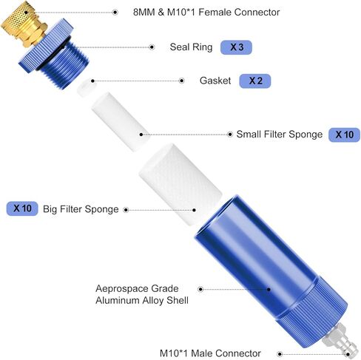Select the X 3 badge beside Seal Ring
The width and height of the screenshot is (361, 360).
pyautogui.click(x=236, y=47)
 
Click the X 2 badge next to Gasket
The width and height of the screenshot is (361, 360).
pyautogui.click(x=255, y=81)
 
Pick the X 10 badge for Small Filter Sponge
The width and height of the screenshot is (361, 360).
pyautogui.click(x=344, y=135)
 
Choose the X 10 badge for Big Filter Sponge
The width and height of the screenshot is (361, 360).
pyautogui.click(x=22, y=208)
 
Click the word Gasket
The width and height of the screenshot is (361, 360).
pyautogui.click(x=215, y=81)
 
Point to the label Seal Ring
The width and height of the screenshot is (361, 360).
pyautogui.click(x=191, y=47)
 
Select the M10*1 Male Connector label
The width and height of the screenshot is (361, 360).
pyautogui.click(x=210, y=353)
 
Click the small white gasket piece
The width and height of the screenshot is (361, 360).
pyautogui.click(x=87, y=87)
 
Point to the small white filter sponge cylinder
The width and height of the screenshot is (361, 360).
pyautogui.click(x=121, y=122)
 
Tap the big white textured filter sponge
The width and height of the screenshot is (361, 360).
pyautogui.click(x=180, y=184)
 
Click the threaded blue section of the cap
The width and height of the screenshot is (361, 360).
pyautogui.click(x=65, y=64)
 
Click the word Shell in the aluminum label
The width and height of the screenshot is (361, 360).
pyautogui.click(x=178, y=300)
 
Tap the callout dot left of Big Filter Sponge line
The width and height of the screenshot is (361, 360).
pyautogui.click(x=126, y=210)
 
